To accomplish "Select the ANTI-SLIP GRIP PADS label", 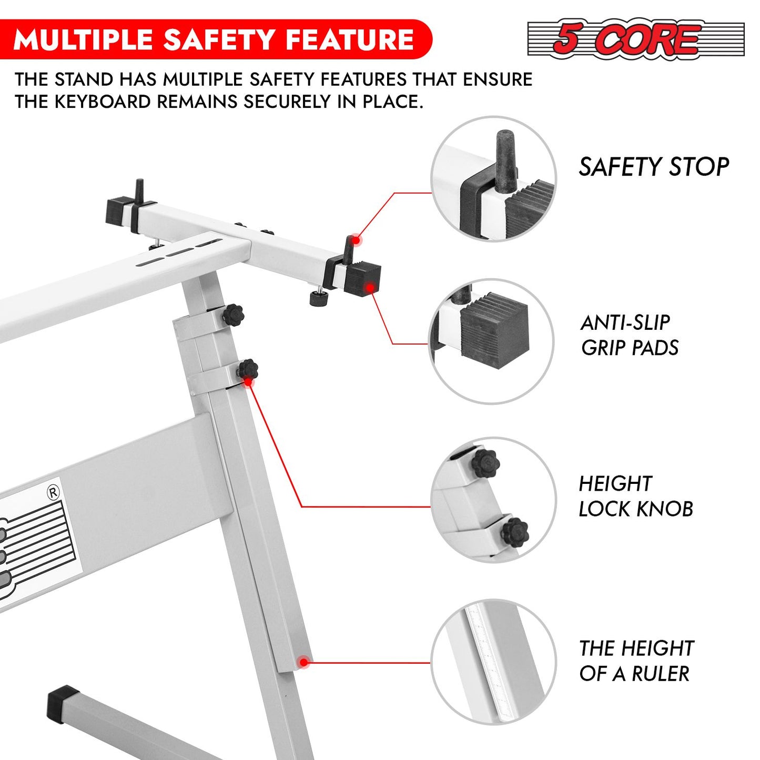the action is tap(630, 335).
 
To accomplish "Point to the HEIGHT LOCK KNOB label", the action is tap(636, 496).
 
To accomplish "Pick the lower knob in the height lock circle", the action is tap(515, 532).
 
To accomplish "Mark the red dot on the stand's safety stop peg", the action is tap(356, 239).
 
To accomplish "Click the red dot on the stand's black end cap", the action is tap(370, 288).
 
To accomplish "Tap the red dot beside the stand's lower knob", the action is tap(248, 381).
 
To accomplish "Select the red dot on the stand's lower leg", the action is tap(303, 662).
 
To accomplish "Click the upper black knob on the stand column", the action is tap(233, 315).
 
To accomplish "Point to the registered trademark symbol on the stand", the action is tap(53, 492).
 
